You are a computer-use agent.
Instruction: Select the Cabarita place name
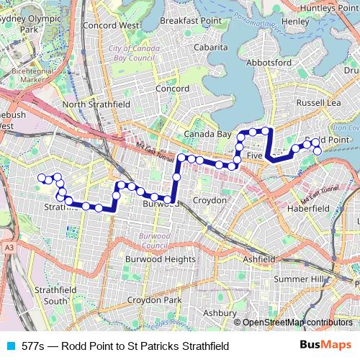coord(210,48)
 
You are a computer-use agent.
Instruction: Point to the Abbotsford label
coord(269,63)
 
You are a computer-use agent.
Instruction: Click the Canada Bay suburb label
coord(207,135)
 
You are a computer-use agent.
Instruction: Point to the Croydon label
coord(210,200)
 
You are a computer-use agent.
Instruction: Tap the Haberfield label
coord(308,208)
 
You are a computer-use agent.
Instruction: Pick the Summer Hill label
coord(299,279)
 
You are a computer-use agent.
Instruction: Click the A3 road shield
coord(9,248)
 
